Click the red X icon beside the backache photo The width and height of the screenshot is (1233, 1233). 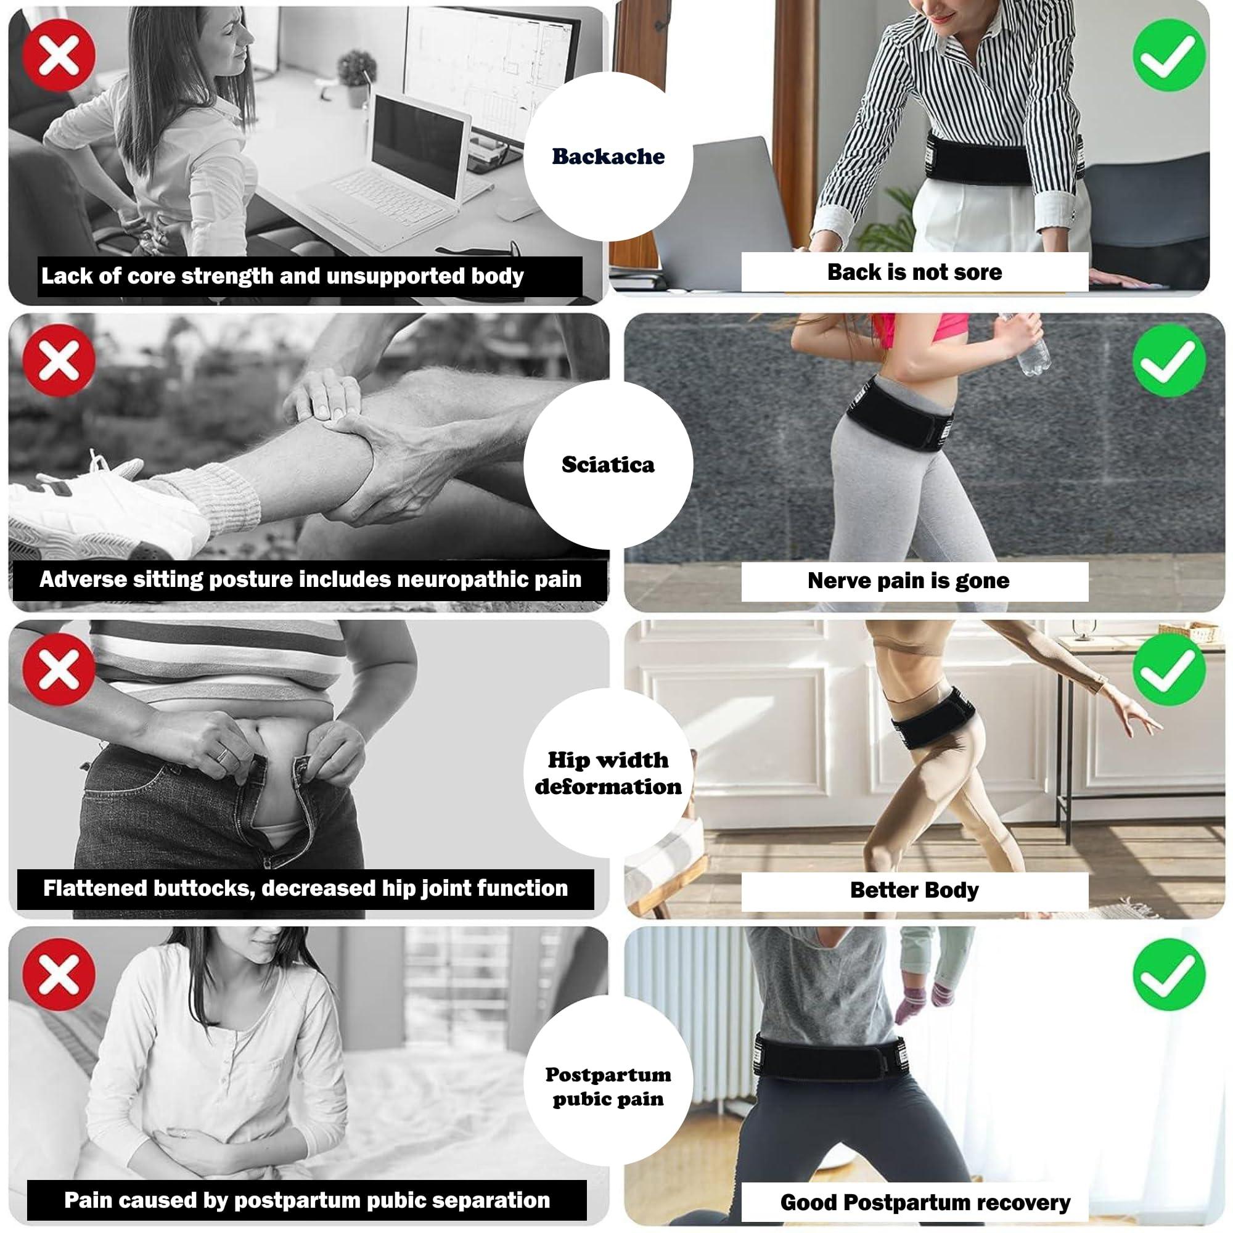click(59, 55)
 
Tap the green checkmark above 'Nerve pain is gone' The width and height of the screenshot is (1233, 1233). click(1169, 361)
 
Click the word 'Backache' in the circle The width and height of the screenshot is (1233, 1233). click(608, 157)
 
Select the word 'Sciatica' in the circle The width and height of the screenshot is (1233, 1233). click(608, 465)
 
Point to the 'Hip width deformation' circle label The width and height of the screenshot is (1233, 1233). click(608, 773)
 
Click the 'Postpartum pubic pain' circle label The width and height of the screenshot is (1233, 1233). click(608, 1086)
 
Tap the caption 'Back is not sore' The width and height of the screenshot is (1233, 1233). click(914, 272)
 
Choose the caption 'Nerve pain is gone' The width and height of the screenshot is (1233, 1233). click(907, 581)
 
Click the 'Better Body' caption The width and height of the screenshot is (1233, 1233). click(914, 890)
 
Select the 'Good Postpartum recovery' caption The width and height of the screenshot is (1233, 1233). click(925, 1202)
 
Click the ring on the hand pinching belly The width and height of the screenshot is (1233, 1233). click(221, 756)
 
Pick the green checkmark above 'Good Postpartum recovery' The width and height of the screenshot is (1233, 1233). click(1169, 975)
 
